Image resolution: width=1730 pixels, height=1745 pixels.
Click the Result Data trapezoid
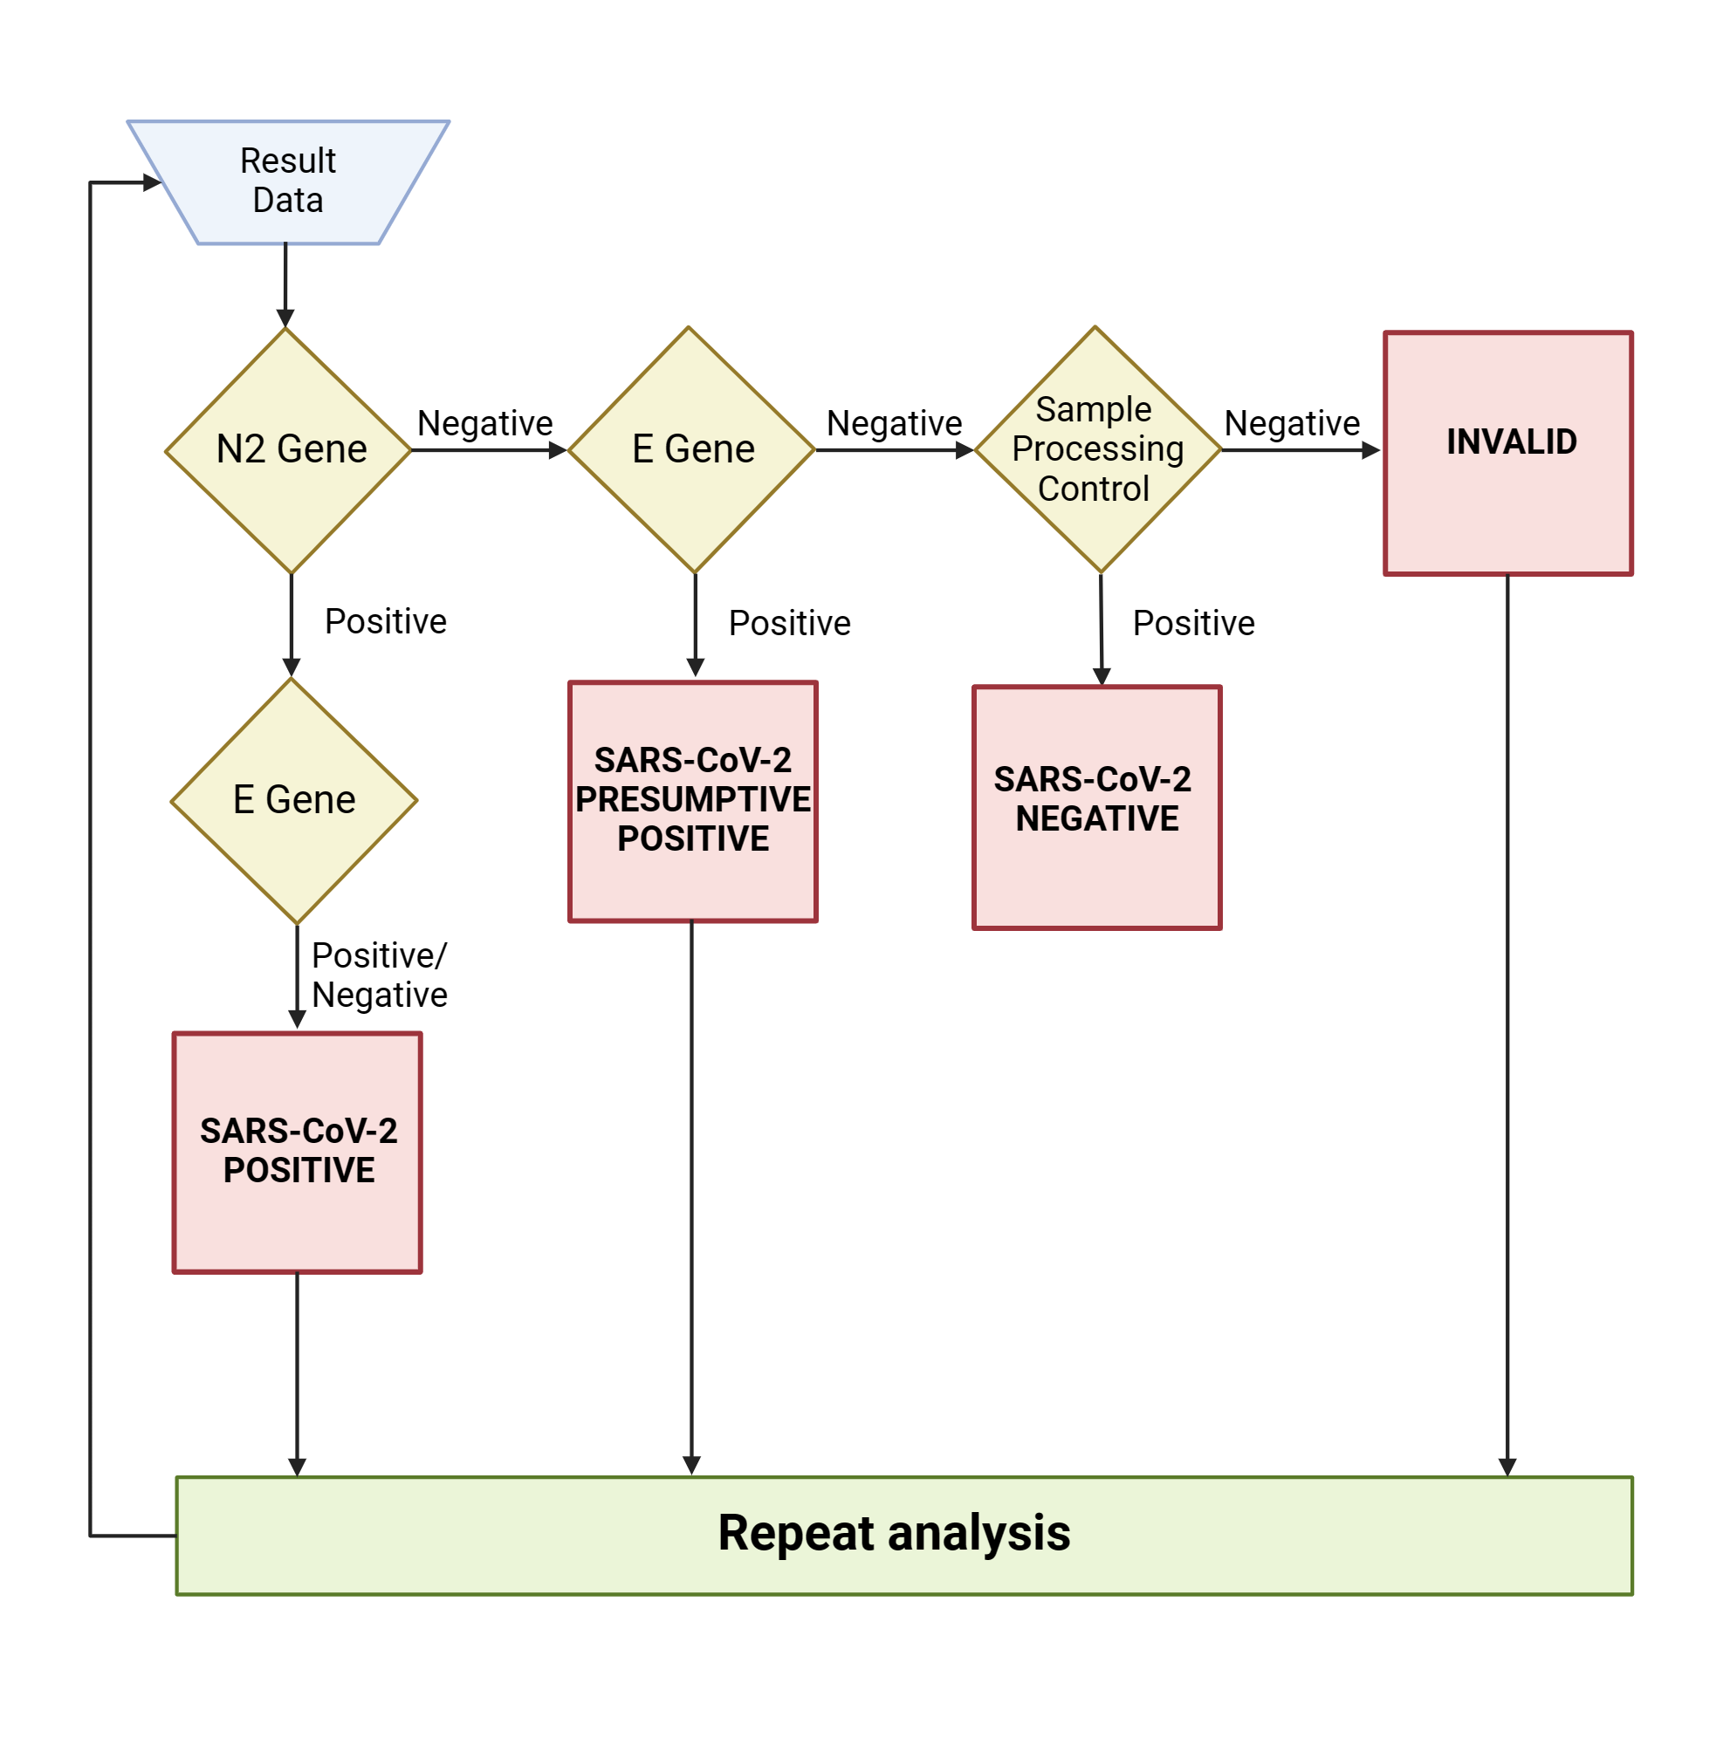(x=287, y=181)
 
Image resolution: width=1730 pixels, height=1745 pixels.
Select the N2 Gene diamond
(x=289, y=450)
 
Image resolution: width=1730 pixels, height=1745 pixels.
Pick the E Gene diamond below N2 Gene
(x=294, y=800)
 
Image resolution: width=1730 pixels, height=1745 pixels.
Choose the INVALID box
(x=1507, y=453)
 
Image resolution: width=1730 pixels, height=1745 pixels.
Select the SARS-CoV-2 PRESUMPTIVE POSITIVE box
(x=692, y=801)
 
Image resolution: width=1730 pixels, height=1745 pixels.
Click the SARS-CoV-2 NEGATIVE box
(x=1095, y=807)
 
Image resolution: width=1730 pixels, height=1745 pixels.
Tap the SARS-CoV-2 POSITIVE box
(x=298, y=1153)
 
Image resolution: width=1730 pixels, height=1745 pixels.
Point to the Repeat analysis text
(x=894, y=1533)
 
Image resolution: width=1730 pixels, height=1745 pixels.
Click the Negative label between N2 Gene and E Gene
(x=484, y=422)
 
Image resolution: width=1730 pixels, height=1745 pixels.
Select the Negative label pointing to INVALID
(x=1291, y=422)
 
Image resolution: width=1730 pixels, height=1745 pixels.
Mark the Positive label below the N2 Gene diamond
(x=386, y=621)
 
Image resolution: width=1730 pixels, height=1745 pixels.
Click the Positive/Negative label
(x=379, y=975)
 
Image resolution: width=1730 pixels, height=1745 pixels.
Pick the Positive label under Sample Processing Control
(x=1192, y=623)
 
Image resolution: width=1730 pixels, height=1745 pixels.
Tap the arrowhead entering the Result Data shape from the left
(x=152, y=182)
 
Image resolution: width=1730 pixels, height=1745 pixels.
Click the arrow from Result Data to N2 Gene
(x=285, y=284)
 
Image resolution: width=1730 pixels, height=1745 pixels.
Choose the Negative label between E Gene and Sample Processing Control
(x=894, y=422)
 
